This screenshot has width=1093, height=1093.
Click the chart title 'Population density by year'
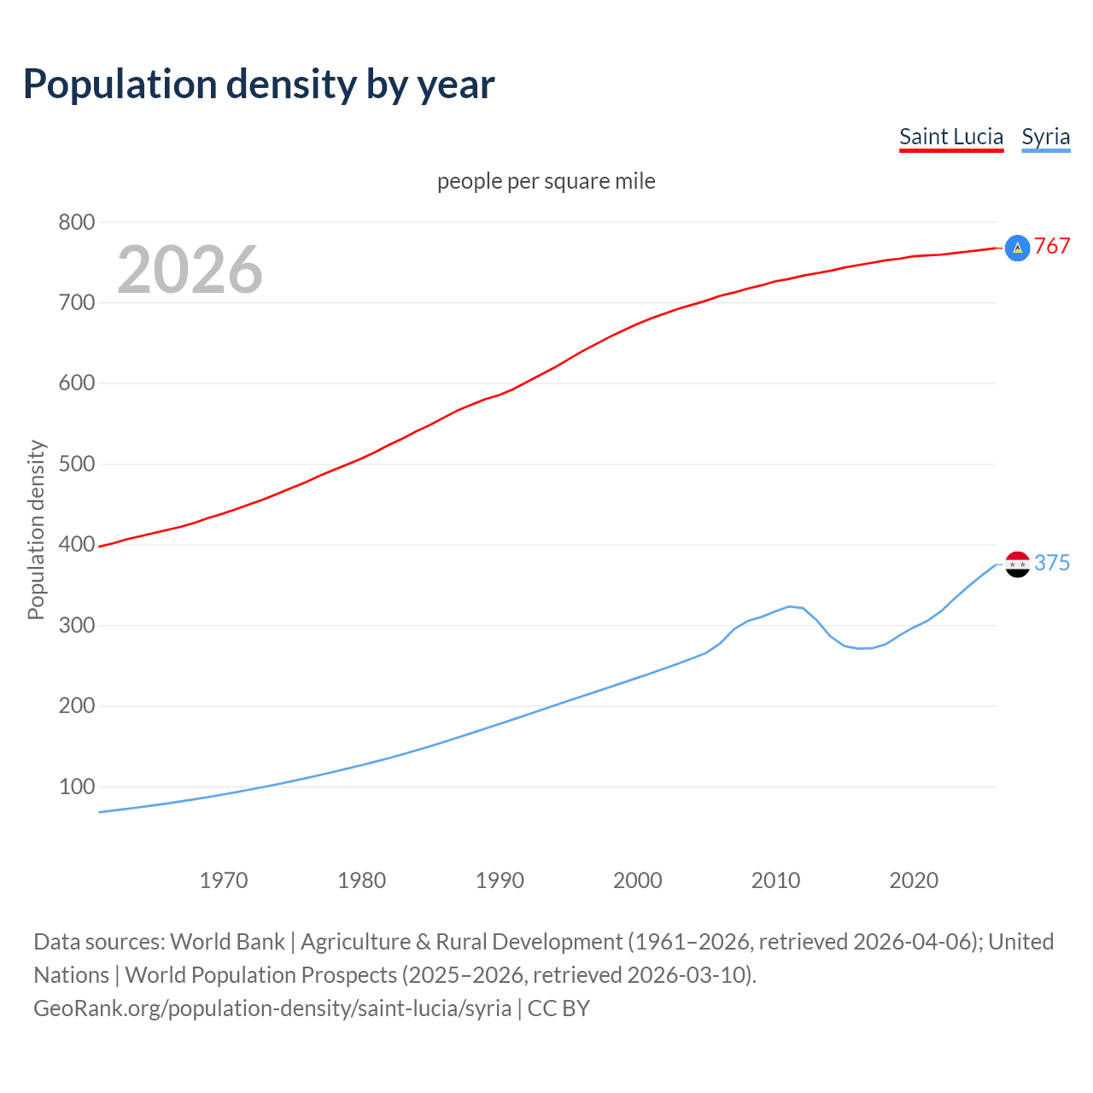(259, 85)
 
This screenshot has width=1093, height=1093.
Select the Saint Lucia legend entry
(951, 137)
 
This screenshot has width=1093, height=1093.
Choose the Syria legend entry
(1045, 137)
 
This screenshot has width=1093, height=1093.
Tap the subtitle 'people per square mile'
(546, 182)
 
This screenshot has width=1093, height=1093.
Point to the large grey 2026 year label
(190, 270)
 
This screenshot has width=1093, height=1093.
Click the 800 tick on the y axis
(76, 222)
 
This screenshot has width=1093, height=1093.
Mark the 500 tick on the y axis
(76, 465)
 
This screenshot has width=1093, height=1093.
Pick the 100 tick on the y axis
(76, 786)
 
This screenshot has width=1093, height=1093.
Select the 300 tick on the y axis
(76, 625)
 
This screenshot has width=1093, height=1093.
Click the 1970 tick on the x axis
(224, 880)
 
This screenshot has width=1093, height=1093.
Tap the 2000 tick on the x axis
(638, 880)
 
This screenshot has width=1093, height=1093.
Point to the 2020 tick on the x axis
(914, 880)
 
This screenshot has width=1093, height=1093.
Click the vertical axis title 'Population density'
(36, 529)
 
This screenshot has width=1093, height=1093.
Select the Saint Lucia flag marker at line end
(1017, 248)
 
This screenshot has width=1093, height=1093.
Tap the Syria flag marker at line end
(1017, 564)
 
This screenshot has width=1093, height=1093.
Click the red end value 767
(1052, 247)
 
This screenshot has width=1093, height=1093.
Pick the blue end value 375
(1052, 564)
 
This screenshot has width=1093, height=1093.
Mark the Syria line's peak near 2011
(789, 606)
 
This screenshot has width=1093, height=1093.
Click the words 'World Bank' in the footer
(227, 942)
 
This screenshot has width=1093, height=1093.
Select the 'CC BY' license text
(558, 1008)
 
